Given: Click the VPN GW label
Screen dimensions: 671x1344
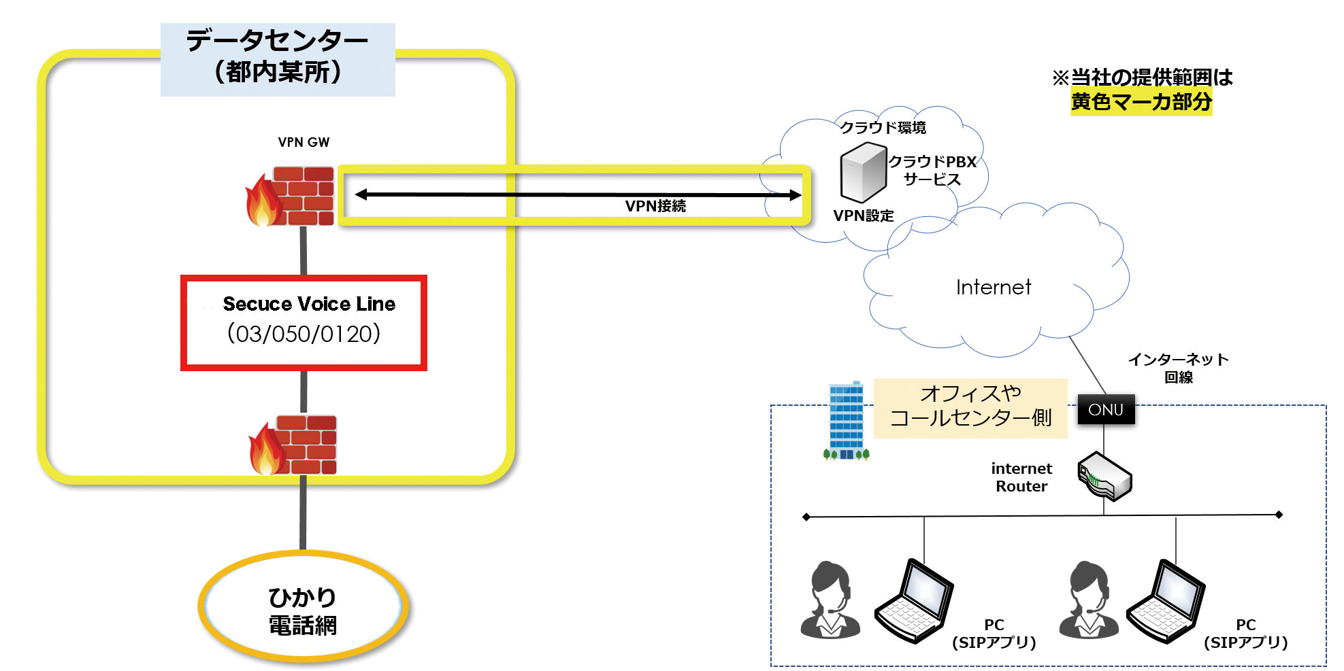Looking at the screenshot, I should pos(304,142).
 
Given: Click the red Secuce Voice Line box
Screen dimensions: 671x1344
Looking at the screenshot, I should pos(304,323).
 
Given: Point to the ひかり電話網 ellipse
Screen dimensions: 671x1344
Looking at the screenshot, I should pos(303,607).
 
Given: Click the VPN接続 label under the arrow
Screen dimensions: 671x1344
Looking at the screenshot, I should pos(655,206).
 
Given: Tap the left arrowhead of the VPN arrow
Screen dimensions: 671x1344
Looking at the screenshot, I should pos(361,194).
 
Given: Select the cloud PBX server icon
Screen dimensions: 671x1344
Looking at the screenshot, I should pos(863,172).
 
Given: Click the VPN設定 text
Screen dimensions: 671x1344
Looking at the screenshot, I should pos(864,216).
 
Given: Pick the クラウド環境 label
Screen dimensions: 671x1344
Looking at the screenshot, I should pos(883,127).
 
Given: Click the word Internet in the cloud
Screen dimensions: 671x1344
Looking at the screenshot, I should pos(993,288).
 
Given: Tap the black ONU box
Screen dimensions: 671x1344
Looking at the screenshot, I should pos(1106,409).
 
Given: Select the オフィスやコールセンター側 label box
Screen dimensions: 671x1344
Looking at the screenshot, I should pos(970,407).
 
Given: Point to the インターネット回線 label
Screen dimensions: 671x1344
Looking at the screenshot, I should pos(1178,368).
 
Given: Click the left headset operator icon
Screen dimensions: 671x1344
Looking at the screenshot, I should pos(830,600).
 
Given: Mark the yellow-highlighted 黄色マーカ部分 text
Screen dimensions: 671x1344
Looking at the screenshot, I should pos(1141,102).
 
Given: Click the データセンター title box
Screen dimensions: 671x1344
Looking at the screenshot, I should pos(278,59).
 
